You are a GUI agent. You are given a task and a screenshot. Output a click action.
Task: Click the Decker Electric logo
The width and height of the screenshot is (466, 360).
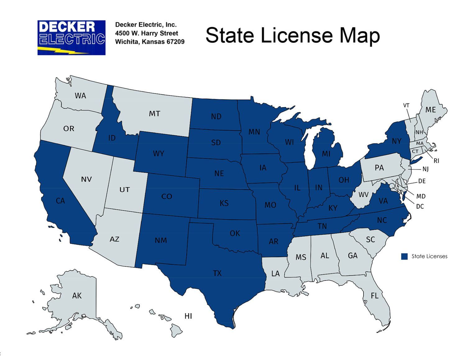coord(71,38)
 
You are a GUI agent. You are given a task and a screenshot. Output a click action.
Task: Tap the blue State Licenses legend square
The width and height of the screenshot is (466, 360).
coord(404,256)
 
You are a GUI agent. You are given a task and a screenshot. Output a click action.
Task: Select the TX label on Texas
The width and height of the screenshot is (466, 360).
coord(217,273)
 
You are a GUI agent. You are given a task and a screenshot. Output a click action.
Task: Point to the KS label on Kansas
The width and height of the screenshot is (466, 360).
coord(224,203)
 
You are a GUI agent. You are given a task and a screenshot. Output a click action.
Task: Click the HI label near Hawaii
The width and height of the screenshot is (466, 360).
coord(188,316)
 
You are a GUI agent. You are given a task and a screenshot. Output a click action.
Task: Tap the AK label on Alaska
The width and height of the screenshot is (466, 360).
coord(77,295)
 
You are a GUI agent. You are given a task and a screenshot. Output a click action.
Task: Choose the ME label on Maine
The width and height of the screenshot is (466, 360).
coord(430,110)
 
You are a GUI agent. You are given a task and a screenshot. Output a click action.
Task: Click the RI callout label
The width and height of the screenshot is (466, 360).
coord(436,161)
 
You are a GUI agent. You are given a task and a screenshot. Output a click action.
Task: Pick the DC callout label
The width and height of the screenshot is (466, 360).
coord(420,206)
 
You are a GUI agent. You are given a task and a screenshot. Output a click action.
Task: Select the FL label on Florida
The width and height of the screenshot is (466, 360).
coord(374,295)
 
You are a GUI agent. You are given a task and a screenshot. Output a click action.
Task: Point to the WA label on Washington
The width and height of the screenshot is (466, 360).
coord(80,96)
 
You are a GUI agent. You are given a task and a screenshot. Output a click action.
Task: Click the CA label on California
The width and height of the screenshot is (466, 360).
coord(60,201)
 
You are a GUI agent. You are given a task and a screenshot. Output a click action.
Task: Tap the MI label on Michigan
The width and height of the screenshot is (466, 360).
coord(326,153)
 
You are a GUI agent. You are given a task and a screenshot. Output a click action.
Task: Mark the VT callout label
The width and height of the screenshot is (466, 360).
coord(406,105)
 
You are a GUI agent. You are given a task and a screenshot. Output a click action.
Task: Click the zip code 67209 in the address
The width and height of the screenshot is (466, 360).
coord(176,42)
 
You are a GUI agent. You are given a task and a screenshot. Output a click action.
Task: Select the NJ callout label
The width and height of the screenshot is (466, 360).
coord(425,169)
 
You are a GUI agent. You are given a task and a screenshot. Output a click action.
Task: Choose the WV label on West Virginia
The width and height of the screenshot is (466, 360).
coord(363,195)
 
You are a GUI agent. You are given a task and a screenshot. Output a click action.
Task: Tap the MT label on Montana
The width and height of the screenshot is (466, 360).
coord(154,114)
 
